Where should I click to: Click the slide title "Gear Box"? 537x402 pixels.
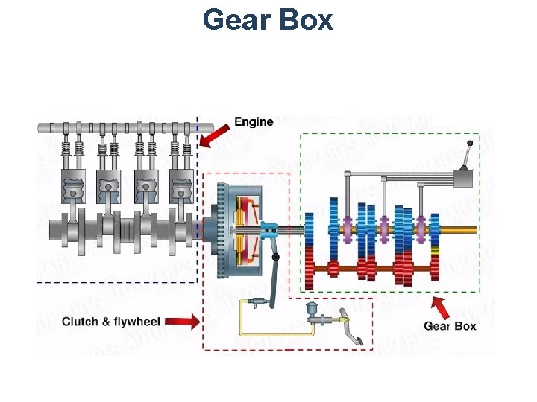click(268, 19)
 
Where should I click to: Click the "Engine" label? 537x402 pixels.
click(254, 121)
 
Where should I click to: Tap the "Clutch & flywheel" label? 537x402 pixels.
click(110, 322)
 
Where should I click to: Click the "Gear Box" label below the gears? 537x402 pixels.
click(450, 325)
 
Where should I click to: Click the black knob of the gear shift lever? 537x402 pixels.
click(470, 143)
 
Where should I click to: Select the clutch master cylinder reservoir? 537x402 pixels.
click(312, 308)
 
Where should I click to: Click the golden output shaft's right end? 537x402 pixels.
click(471, 230)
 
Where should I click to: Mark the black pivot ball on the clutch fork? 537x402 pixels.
click(276, 257)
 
